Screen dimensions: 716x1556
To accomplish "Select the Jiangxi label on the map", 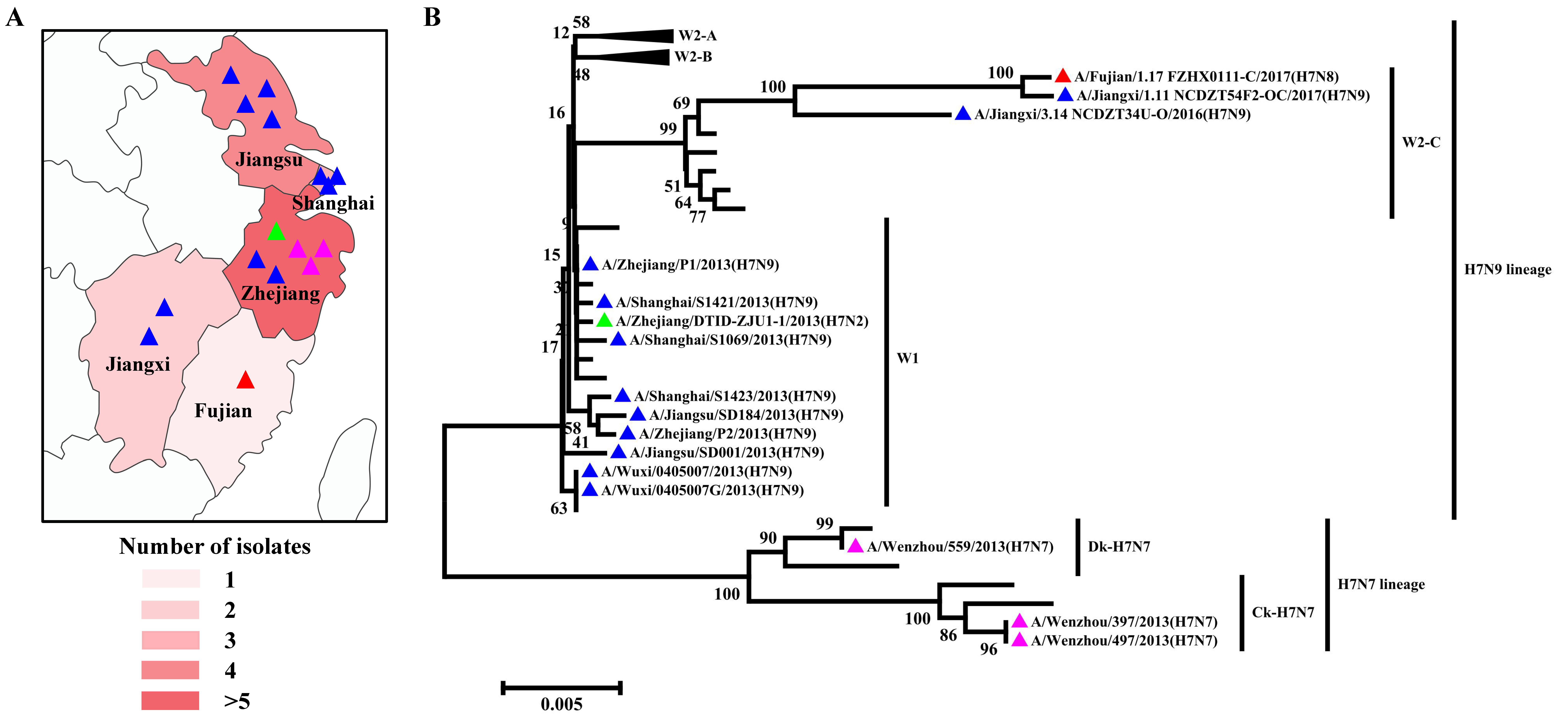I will tap(138, 364).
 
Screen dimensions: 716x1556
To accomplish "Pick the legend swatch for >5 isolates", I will tap(170, 700).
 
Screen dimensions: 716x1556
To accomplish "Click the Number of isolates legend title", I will tap(215, 546).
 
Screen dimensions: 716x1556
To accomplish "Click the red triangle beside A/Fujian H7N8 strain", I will tap(1062, 76).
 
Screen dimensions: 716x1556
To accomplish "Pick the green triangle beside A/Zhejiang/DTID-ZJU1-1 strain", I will tap(604, 321).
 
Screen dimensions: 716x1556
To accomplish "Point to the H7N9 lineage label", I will tap(1507, 269).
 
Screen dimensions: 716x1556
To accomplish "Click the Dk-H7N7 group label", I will tap(1119, 547).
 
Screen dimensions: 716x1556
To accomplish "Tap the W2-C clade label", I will tap(1421, 143).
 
